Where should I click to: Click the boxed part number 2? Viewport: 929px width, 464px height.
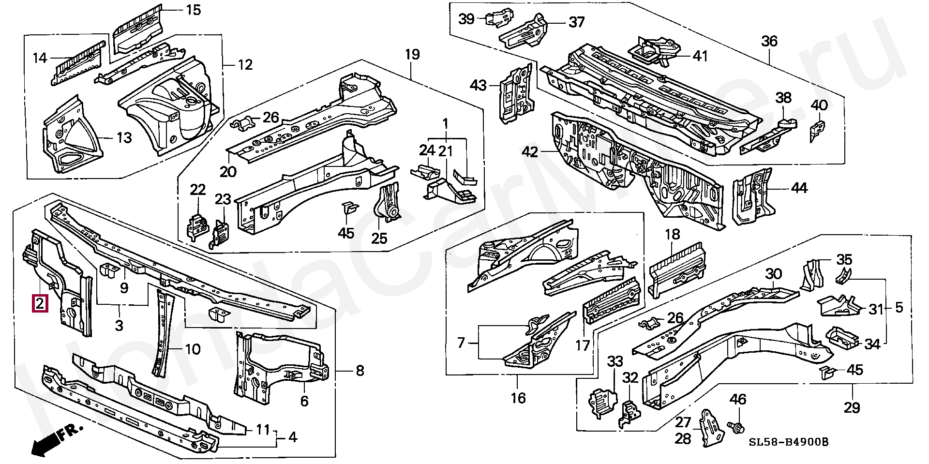[x=40, y=304]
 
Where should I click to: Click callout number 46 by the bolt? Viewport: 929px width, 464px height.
[x=738, y=399]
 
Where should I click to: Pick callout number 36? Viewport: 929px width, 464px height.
[x=769, y=41]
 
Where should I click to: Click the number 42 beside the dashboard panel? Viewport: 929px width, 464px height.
[x=530, y=152]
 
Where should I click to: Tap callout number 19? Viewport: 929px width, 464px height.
[x=412, y=54]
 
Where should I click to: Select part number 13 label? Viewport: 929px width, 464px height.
[x=124, y=138]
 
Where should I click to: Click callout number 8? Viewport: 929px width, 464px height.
[x=360, y=371]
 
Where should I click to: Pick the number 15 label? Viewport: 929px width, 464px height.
[x=193, y=10]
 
